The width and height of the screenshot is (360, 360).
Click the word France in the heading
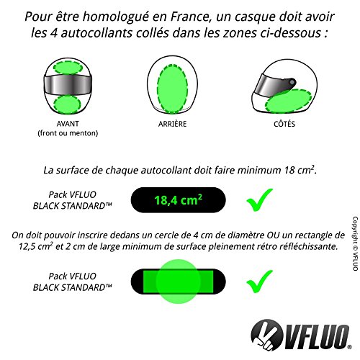(x=189, y=17)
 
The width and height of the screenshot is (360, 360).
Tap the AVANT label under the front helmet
(x=68, y=124)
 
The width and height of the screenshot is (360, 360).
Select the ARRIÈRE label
(x=172, y=124)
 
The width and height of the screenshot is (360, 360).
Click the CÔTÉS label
(x=284, y=124)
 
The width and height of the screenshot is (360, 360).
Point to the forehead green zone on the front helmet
(x=68, y=68)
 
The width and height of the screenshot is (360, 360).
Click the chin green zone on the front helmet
(x=67, y=104)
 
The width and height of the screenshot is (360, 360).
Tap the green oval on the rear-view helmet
(x=173, y=89)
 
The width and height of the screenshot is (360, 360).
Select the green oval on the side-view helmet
(x=288, y=101)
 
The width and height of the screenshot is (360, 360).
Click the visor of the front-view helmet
(x=68, y=85)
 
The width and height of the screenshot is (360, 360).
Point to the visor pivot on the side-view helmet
(x=292, y=82)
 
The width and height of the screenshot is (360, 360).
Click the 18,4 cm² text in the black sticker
(x=178, y=199)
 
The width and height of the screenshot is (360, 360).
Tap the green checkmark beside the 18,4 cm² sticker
(x=260, y=200)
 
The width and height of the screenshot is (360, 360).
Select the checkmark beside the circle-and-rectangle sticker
(x=260, y=282)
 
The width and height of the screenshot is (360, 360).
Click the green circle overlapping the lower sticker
(x=178, y=282)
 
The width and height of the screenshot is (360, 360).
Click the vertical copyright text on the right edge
(x=355, y=243)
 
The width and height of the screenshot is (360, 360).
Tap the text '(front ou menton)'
(x=68, y=133)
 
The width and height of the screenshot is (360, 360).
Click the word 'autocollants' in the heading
(x=96, y=33)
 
